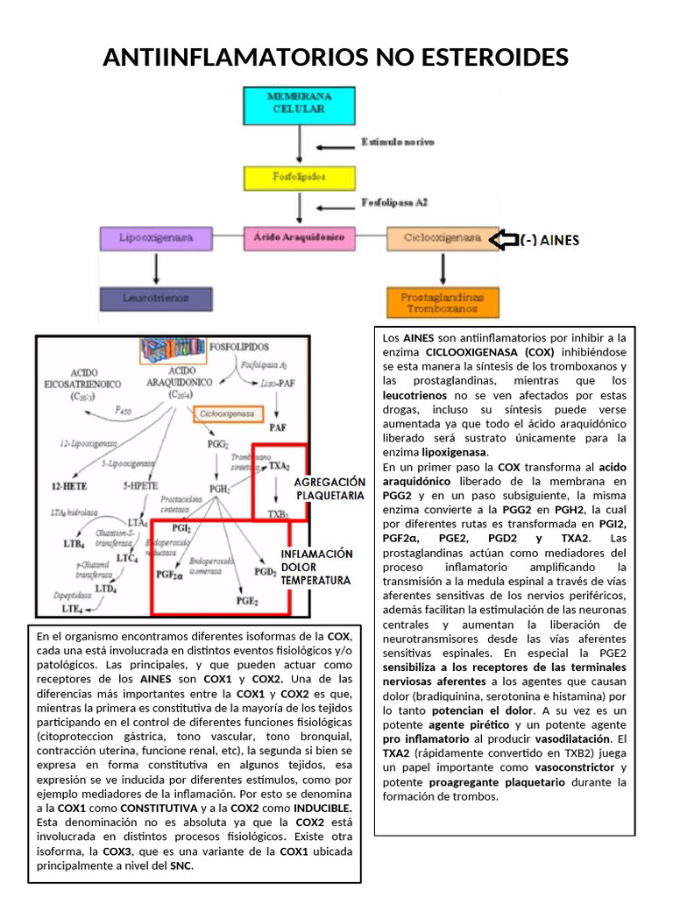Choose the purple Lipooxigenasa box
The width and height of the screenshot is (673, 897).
(x=155, y=237)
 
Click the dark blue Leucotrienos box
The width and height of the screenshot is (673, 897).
(x=155, y=298)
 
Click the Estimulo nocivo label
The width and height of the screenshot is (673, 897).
(x=397, y=141)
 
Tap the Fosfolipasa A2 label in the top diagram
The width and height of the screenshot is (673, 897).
(x=394, y=202)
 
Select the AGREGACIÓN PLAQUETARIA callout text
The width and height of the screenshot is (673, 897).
(x=329, y=489)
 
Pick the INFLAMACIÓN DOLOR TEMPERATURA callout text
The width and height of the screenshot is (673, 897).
(x=315, y=567)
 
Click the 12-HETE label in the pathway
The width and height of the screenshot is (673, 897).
(x=69, y=485)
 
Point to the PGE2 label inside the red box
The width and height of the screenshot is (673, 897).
(x=247, y=602)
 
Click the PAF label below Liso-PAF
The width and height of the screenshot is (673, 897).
(x=278, y=428)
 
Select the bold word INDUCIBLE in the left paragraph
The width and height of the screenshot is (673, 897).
(x=322, y=807)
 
